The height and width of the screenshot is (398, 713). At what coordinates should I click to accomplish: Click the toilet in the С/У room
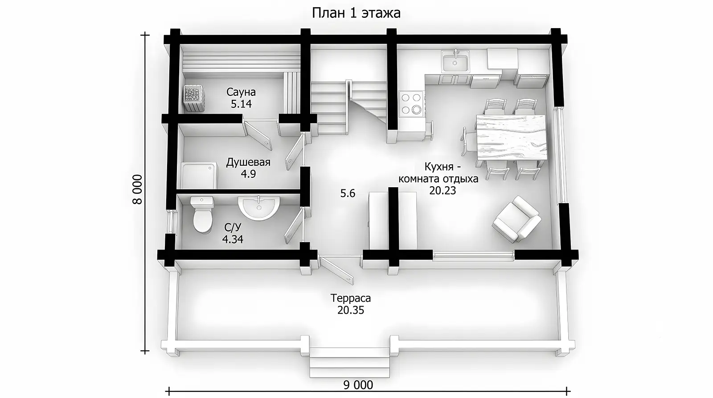coord(202,214)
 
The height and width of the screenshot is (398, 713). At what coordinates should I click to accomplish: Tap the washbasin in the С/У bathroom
coord(259,208)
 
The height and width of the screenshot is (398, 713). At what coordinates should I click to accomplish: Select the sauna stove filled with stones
coord(192,98)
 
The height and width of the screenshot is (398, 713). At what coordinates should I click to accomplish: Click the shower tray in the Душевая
coord(199,175)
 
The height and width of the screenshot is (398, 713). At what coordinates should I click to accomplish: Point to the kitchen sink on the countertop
coord(455,61)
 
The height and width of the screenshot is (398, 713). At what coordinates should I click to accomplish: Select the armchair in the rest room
coord(516,219)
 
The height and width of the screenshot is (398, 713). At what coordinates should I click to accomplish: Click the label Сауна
coord(241,92)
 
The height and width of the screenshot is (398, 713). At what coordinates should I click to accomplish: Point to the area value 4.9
coord(248,174)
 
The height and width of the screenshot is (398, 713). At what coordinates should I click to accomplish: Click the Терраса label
coord(350,298)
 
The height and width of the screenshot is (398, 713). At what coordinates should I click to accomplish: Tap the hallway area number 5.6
coord(348,193)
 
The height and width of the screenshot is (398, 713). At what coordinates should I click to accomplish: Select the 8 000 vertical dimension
coord(138,189)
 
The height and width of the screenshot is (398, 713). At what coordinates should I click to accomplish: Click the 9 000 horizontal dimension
coord(358,385)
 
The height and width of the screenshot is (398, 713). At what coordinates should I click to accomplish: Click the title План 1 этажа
coord(356,13)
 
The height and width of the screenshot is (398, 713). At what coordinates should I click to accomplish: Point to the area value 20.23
coord(443,190)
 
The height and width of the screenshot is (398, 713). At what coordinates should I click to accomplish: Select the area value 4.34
coord(233,239)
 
